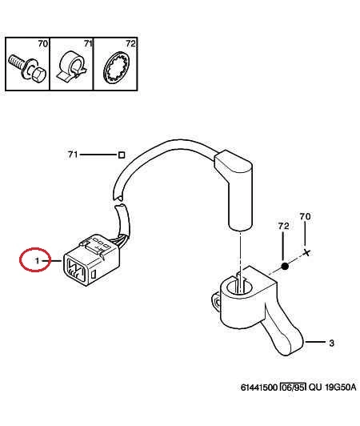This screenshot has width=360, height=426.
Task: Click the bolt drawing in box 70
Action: pyautogui.click(x=27, y=68)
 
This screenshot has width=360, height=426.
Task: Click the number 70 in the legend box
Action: pyautogui.click(x=43, y=43)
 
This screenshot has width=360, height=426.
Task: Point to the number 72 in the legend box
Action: pyautogui.click(x=130, y=43)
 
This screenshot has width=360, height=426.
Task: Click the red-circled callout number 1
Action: pyautogui.click(x=37, y=261)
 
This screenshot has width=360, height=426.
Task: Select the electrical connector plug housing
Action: pyautogui.click(x=91, y=259)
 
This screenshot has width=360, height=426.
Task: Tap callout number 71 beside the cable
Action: pyautogui.click(x=73, y=155)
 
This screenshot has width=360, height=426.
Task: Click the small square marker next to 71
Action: pyautogui.click(x=122, y=155)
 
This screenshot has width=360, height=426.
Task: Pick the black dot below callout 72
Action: pyautogui.click(x=285, y=267)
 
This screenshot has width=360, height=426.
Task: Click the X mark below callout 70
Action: pyautogui.click(x=306, y=253)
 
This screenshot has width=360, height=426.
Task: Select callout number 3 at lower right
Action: pyautogui.click(x=331, y=344)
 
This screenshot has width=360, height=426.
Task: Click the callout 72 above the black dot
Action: pyautogui.click(x=283, y=226)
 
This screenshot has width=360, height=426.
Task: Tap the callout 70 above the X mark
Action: pyautogui.click(x=305, y=216)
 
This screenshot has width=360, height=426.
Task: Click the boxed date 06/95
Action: pyautogui.click(x=293, y=387)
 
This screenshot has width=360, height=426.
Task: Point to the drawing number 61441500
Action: pyautogui.click(x=259, y=387)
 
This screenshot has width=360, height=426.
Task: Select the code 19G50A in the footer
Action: pyautogui.click(x=340, y=387)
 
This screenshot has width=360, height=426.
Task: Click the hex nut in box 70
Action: pyautogui.click(x=38, y=74)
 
